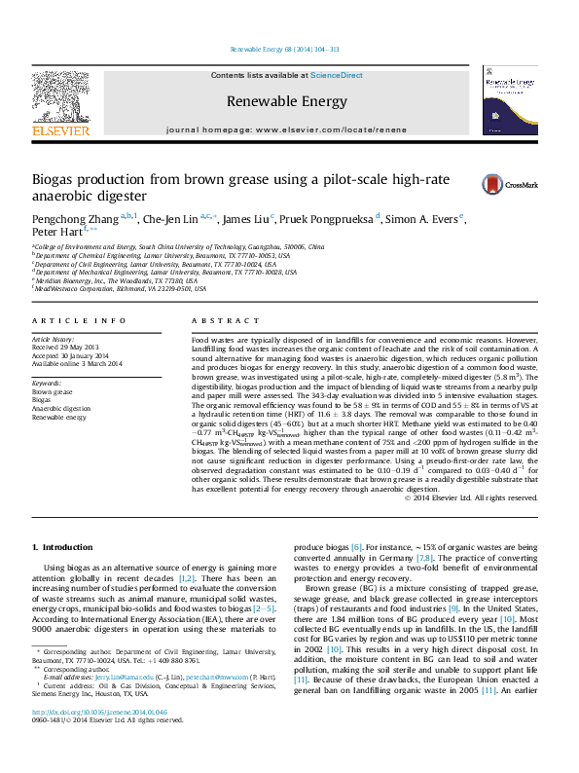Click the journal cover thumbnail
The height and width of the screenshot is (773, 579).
[509, 103]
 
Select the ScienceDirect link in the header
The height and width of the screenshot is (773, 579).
[336, 75]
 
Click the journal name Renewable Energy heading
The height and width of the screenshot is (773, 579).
[286, 101]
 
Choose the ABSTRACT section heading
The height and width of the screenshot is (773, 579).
[226, 320]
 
